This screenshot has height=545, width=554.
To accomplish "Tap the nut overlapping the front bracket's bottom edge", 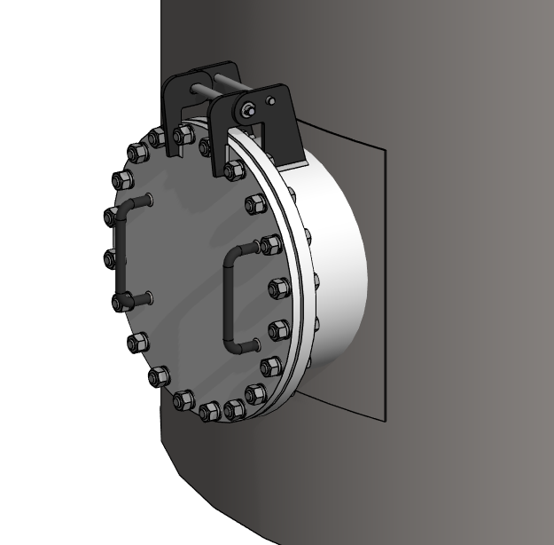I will (233, 170).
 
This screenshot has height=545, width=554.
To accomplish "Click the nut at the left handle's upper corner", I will (113, 215).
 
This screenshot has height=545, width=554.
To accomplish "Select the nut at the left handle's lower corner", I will (121, 302).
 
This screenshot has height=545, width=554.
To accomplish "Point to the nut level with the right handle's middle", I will (278, 288).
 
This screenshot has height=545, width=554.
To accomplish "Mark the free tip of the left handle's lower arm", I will (152, 296).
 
